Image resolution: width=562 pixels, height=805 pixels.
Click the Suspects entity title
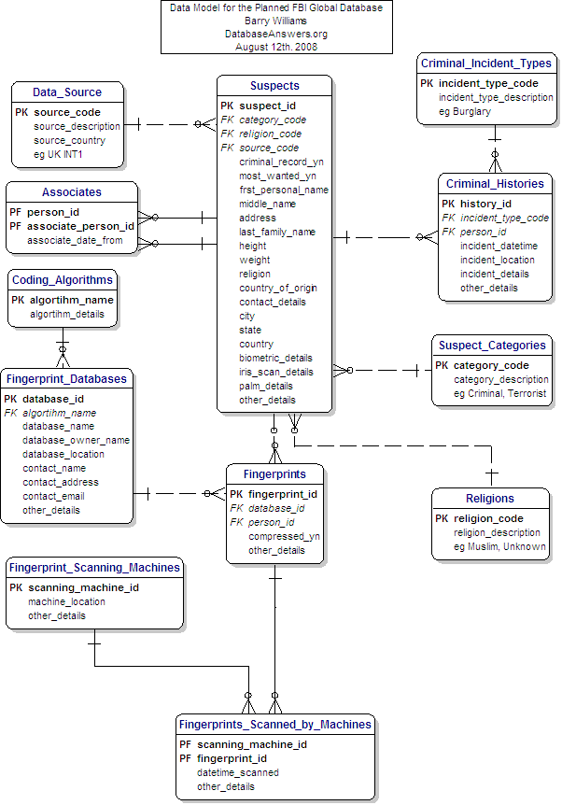pyautogui.click(x=274, y=86)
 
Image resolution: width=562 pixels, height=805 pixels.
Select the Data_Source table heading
pyautogui.click(x=67, y=92)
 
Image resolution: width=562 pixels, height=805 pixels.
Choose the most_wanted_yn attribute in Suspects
pyautogui.click(x=277, y=176)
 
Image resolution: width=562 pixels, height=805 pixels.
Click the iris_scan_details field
pyautogui.click(x=275, y=372)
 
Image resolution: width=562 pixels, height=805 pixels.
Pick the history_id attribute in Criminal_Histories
pyautogui.click(x=485, y=204)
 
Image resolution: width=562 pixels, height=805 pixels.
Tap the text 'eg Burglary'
pyautogui.click(x=465, y=111)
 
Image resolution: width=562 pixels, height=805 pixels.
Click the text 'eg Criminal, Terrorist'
pyautogui.click(x=501, y=393)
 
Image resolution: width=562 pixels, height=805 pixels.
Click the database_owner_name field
pyautogui.click(x=77, y=440)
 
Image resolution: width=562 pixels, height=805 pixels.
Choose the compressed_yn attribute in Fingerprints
pyautogui.click(x=284, y=536)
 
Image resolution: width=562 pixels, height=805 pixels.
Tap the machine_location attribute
pyautogui.click(x=66, y=601)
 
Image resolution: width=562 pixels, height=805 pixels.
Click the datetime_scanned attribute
pyautogui.click(x=237, y=772)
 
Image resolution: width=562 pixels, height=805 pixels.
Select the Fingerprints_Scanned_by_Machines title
pyautogui.click(x=275, y=725)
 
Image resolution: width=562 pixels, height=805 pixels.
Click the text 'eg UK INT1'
pyautogui.click(x=58, y=154)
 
